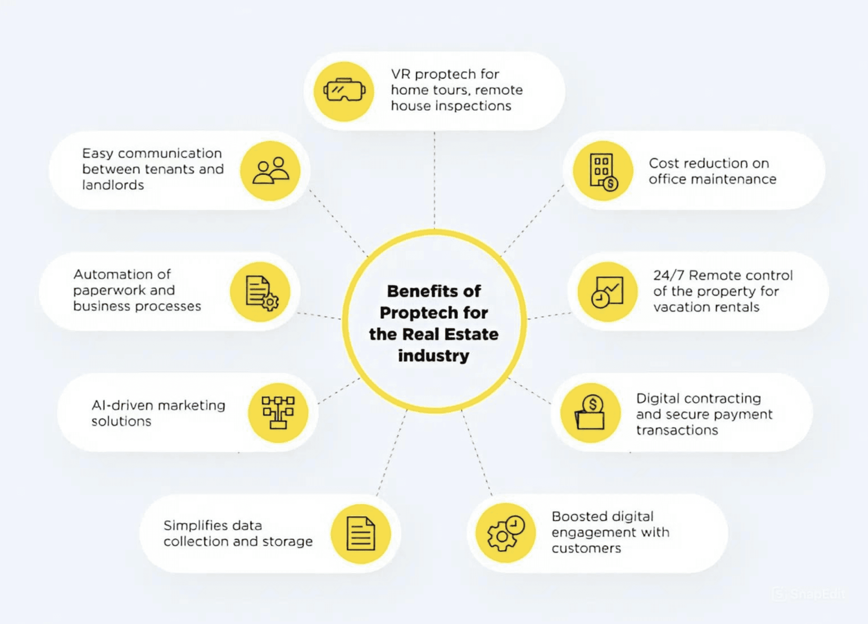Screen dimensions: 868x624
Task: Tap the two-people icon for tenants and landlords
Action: (x=270, y=171)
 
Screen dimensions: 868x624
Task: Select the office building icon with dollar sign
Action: (x=603, y=171)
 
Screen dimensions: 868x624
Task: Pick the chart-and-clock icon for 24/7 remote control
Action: (x=607, y=292)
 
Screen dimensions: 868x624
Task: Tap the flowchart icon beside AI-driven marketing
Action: (x=278, y=412)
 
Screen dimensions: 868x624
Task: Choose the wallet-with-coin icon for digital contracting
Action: (x=590, y=412)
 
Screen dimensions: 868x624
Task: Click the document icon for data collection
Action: (x=361, y=533)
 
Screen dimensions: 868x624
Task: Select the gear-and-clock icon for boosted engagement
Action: (x=506, y=533)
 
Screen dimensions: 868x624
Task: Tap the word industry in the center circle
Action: (x=434, y=356)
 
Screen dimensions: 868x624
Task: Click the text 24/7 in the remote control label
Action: (x=668, y=276)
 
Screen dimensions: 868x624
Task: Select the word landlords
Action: (x=113, y=185)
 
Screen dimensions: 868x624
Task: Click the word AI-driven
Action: (x=119, y=405)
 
